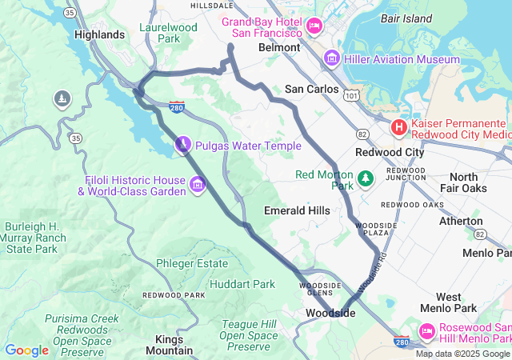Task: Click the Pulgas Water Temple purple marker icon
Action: tap(183, 145)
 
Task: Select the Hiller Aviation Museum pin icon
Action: tap(331, 58)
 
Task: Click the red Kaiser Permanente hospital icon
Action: tap(398, 128)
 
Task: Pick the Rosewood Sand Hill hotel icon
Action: tap(426, 330)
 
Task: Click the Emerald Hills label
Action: tap(296, 210)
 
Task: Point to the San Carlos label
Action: tap(312, 89)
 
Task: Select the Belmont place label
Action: tap(279, 47)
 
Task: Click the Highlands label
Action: tap(99, 34)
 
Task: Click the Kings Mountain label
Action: tap(169, 345)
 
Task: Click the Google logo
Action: tap(26, 350)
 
